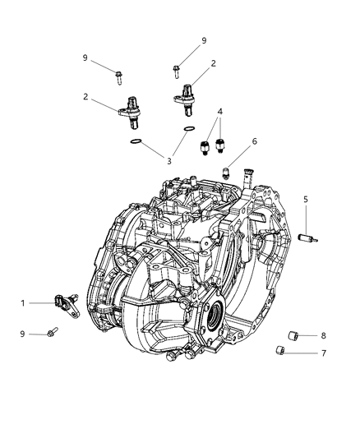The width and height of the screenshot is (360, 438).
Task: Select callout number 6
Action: click(232, 141)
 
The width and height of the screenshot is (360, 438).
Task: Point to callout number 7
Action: click(322, 353)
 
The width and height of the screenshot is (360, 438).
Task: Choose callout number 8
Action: click(323, 335)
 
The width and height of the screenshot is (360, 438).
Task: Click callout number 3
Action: click(169, 162)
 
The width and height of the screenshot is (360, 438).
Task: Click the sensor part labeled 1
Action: click(64, 302)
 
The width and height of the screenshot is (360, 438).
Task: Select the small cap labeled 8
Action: click(293, 334)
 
